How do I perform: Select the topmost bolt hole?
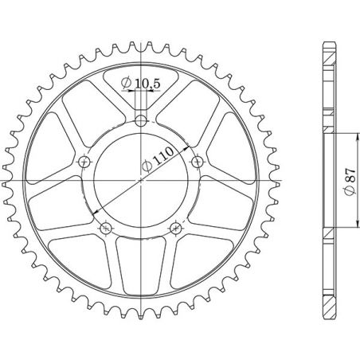click(141, 121)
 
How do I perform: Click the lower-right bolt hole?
click(176, 229)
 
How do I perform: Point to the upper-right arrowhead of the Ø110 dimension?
click(186, 148)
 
